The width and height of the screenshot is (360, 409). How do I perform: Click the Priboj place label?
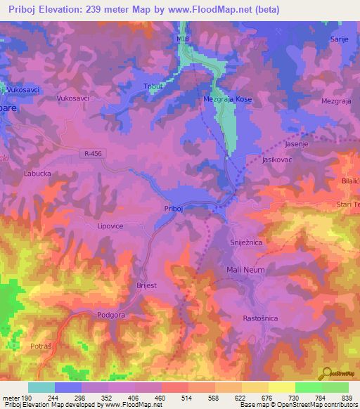click(x=173, y=209)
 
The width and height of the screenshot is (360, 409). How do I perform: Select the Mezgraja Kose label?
click(x=228, y=100)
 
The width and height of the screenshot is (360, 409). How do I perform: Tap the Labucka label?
click(x=38, y=172)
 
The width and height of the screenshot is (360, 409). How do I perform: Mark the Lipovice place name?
click(x=110, y=227)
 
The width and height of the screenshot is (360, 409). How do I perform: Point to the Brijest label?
click(x=143, y=286)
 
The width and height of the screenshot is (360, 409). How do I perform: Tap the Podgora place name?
click(x=111, y=315)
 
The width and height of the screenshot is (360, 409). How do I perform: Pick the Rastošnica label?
click(x=259, y=318)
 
